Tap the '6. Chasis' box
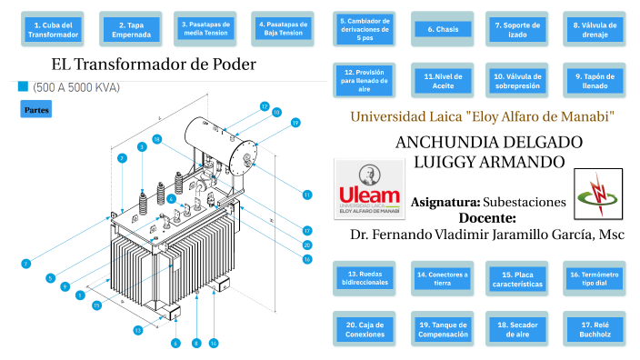(x=443, y=29)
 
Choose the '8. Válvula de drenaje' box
(x=595, y=29)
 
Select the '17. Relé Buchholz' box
(x=595, y=330)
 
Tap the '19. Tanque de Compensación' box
(x=443, y=330)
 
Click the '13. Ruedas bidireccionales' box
(x=367, y=278)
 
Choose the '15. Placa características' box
(x=518, y=278)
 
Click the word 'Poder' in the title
(x=232, y=65)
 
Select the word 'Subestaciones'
(x=525, y=202)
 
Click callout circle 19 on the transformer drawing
(x=295, y=122)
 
